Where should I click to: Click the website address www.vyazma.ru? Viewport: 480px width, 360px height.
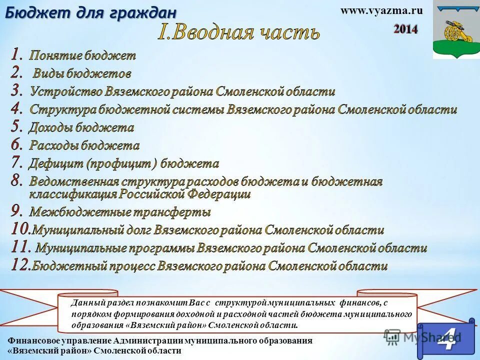pos(381,11)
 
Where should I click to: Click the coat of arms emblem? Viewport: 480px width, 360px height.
pos(455,30)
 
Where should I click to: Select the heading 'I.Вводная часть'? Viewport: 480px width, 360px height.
pos(239,32)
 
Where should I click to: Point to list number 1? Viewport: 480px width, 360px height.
pos(17,54)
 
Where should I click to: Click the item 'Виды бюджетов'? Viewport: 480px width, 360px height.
pos(82,74)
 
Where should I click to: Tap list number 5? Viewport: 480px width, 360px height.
pos(17,126)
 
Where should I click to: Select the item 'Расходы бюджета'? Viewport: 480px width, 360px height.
pos(84,145)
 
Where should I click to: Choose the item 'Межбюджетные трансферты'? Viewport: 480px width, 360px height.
pos(120,212)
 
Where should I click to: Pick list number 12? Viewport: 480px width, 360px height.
pos(20,265)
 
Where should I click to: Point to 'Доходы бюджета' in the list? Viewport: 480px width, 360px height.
pos(81,127)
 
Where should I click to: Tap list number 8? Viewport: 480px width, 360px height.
pos(17,180)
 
